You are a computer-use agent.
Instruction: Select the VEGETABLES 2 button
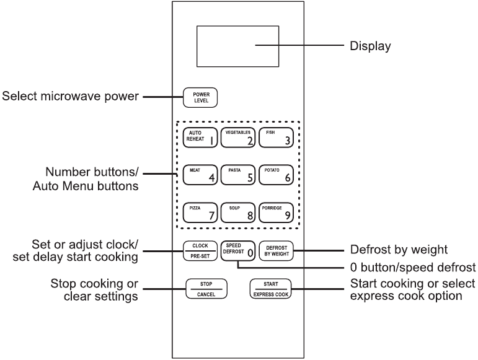238,138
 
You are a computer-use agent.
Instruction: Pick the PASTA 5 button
238,175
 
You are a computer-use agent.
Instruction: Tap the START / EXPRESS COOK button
270,288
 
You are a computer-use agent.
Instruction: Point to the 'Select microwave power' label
70,96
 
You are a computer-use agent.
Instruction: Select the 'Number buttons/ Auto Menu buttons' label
90,178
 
